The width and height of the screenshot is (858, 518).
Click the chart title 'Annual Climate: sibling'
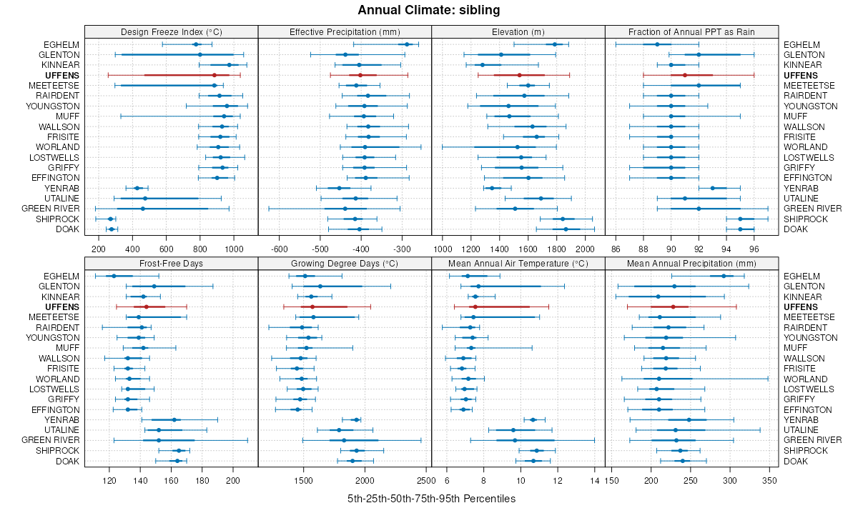(428, 10)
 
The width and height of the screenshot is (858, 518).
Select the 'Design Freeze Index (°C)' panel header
(171, 31)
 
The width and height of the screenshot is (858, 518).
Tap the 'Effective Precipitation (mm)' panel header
(345, 31)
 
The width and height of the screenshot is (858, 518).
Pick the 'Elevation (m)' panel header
(518, 31)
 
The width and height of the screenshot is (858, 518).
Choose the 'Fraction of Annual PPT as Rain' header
(691, 31)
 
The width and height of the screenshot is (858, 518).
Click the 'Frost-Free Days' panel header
(171, 263)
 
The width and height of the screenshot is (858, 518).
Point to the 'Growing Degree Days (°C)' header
(345, 263)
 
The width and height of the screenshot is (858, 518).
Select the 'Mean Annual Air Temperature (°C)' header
(518, 263)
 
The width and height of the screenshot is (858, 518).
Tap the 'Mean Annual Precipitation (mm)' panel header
(691, 263)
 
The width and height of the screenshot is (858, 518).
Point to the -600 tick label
(280, 249)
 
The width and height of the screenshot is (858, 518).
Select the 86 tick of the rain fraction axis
(616, 249)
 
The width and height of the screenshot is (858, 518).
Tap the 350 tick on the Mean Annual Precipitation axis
(769, 480)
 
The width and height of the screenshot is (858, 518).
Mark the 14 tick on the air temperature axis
(595, 480)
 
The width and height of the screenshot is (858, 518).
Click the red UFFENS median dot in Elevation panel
(520, 75)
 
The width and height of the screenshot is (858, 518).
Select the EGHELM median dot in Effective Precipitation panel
(407, 44)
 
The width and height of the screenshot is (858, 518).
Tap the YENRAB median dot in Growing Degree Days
(356, 419)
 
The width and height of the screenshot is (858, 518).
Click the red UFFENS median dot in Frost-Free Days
(146, 307)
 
